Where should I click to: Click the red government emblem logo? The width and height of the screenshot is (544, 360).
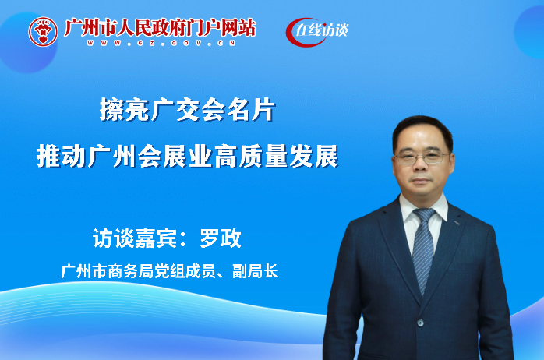pos(44,31)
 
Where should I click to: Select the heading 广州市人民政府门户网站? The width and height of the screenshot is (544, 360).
pos(159,27)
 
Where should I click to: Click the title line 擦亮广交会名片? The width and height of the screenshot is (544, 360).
pos(187,111)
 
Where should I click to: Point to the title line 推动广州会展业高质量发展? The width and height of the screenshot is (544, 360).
pos(187,157)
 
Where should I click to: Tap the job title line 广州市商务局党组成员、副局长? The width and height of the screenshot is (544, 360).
pos(169,271)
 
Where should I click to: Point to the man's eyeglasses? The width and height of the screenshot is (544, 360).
pos(422,157)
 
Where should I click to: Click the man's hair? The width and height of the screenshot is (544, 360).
pos(421,127)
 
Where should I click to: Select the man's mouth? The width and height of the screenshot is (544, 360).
pos(422,180)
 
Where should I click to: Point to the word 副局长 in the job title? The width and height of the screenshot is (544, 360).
pos(258,271)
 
